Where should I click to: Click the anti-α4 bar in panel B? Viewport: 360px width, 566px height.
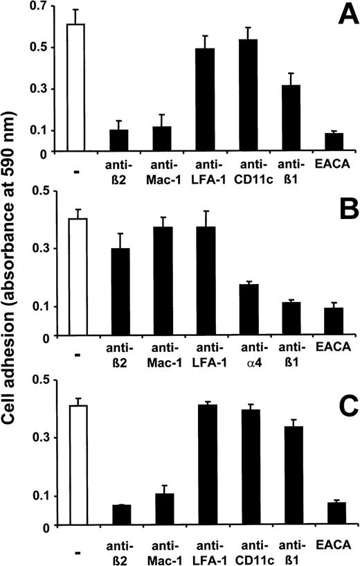coord(248,310)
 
